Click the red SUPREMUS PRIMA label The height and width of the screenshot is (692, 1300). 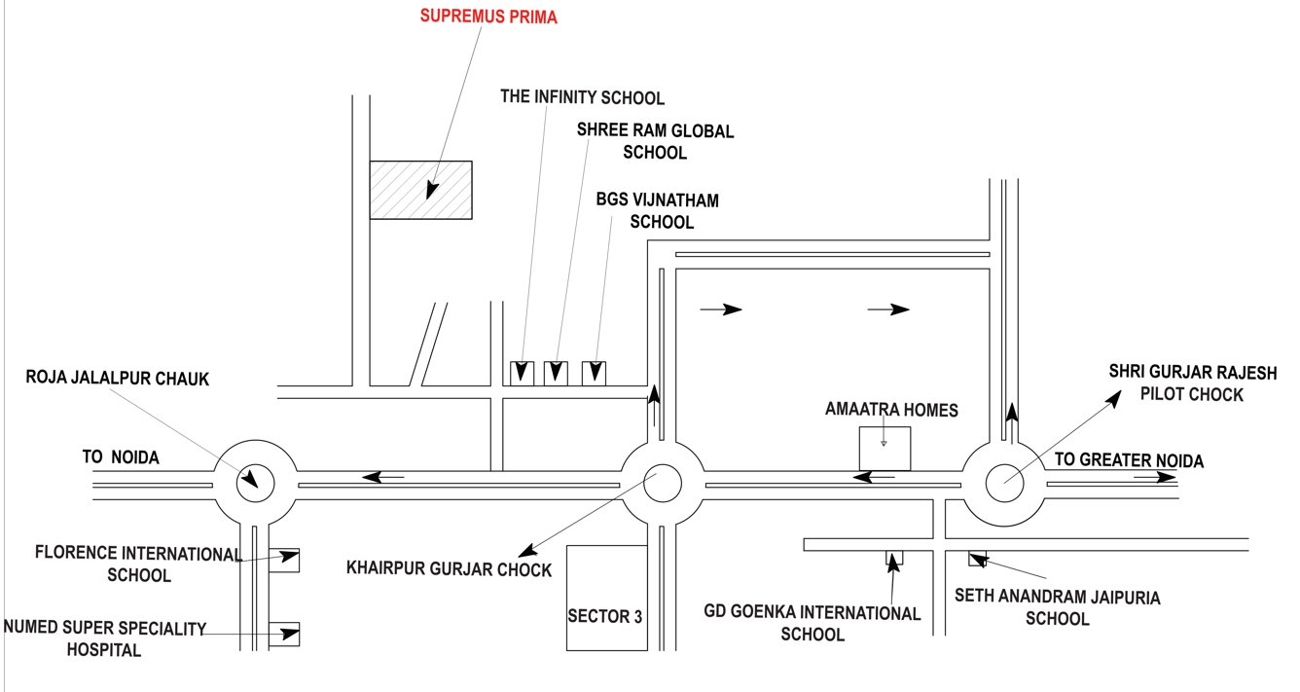488,17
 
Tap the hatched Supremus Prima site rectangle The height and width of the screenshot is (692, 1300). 420,190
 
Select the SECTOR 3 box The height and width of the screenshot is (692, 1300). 606,598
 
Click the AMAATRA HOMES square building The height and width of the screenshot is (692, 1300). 884,450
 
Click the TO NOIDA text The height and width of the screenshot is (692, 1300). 120,456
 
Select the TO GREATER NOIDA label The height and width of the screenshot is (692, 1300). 1129,461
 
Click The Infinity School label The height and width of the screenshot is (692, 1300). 582,97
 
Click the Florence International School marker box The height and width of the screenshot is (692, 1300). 289,559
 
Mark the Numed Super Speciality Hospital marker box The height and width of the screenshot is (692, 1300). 289,634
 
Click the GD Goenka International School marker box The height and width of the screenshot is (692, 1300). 893,559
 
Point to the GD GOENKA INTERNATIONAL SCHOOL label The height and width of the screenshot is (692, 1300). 812,624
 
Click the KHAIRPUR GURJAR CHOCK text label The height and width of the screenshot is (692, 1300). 449,569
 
